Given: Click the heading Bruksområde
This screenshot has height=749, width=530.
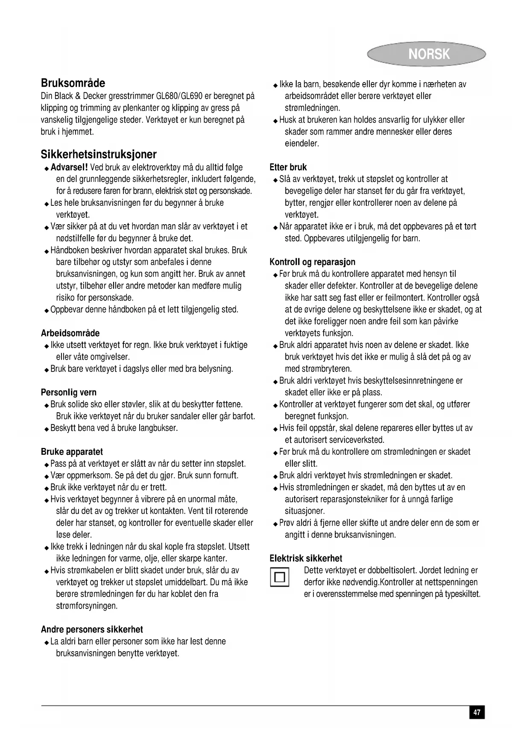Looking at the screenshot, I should [x=73, y=83].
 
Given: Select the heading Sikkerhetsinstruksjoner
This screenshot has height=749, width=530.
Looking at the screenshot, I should [x=99, y=154].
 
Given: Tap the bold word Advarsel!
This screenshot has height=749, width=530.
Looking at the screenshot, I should [x=69, y=167].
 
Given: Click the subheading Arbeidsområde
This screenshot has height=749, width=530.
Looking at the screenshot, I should [x=70, y=333].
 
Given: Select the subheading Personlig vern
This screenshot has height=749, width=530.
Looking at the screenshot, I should [x=69, y=392].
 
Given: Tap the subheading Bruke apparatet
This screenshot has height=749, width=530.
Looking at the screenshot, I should [x=72, y=451].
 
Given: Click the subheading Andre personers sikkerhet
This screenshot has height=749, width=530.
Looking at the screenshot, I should [x=92, y=629].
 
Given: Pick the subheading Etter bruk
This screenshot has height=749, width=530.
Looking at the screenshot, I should [x=288, y=167].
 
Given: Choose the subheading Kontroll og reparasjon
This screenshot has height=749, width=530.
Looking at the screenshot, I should [x=313, y=262].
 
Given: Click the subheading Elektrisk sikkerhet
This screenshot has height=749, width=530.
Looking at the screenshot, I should [x=306, y=558].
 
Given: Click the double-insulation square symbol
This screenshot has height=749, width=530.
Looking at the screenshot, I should [x=280, y=577].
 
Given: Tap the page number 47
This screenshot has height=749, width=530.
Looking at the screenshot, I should [x=477, y=712].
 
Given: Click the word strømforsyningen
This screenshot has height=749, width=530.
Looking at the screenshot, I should [x=87, y=606].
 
